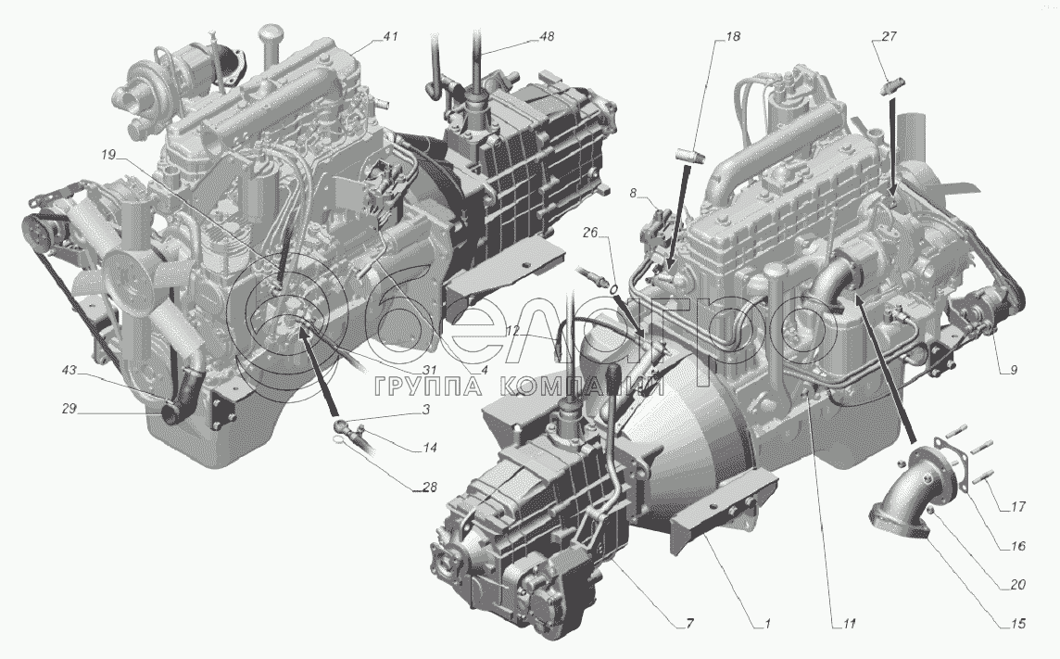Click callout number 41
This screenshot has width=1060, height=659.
coord(390,38)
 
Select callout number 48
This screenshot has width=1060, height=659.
coord(547,36)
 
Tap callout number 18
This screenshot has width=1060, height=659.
coord(732,36)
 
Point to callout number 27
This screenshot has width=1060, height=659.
coord(889,36)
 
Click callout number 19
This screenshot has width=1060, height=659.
coord(108,156)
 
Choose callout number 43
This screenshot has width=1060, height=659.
coord(70,371)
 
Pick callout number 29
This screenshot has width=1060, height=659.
coord(69,408)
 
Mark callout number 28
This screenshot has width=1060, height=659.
coord(429,487)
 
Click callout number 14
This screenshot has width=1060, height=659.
coord(429,448)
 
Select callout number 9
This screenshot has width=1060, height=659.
coord(1014,371)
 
